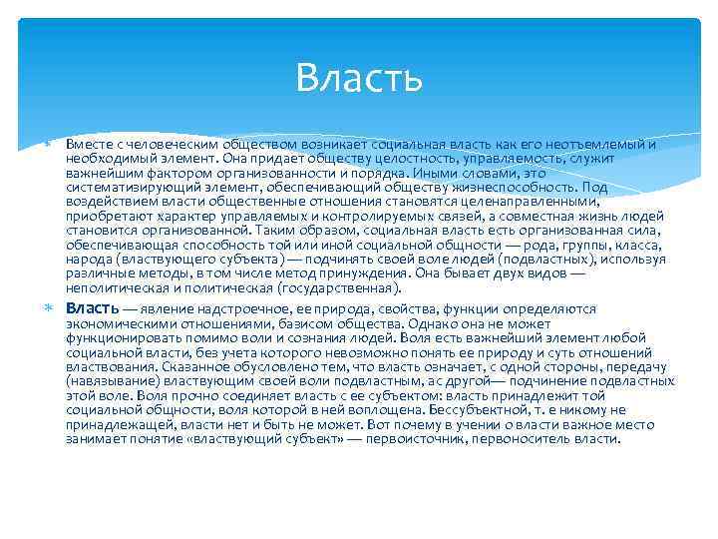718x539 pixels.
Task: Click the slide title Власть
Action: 359,77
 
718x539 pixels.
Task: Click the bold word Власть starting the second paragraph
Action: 93,308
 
